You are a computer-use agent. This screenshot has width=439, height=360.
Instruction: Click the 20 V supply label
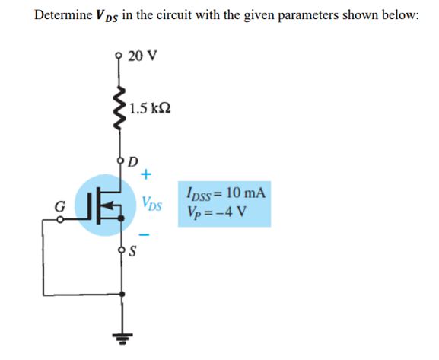coord(142,56)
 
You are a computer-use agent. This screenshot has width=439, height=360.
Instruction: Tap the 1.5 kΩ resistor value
coord(150,107)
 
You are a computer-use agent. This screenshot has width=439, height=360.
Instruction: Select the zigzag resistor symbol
coord(119,107)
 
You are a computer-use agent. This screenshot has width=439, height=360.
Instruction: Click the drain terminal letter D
coord(134,161)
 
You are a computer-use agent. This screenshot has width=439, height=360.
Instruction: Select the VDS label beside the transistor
coord(151,204)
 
